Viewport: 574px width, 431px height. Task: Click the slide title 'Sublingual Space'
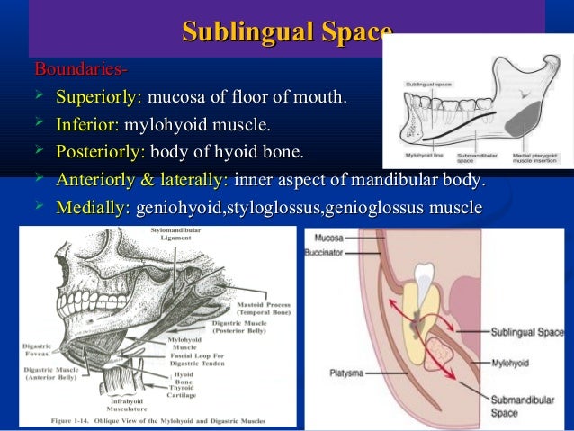287,32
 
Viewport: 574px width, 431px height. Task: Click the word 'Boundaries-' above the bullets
80,69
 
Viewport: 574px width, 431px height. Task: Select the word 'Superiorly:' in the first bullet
98,96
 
